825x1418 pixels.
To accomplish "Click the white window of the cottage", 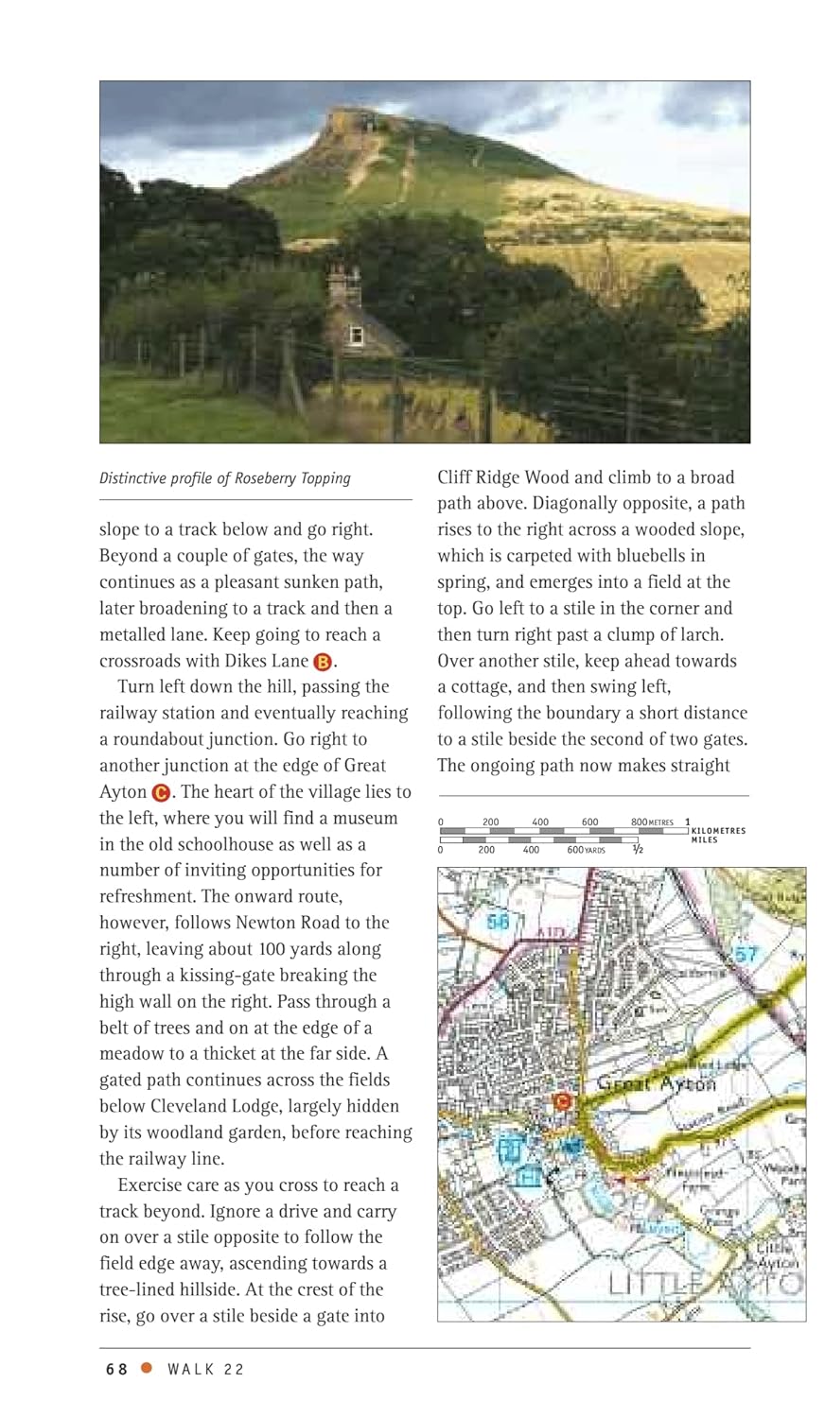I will tap(356, 335).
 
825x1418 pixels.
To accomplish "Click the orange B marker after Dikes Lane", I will tap(322, 662).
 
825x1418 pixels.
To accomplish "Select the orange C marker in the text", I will tap(161, 792).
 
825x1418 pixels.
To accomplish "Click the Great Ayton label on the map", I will tap(657, 1084).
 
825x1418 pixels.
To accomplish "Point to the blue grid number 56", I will tap(499, 920).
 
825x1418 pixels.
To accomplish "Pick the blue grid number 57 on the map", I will tap(746, 954).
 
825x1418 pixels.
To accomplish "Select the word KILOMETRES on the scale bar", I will tap(718, 831).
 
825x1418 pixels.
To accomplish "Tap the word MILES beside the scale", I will tap(704, 840).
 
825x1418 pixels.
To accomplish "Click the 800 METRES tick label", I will tap(652, 821).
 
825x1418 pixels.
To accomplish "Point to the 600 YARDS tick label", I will tap(586, 850).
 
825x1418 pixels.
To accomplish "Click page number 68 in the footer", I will tap(116, 1370).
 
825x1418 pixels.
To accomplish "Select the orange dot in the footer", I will tap(147, 1368).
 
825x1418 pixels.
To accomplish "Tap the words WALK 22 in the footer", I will tap(205, 1370).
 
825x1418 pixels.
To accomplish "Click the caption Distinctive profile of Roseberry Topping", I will tap(225, 478).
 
